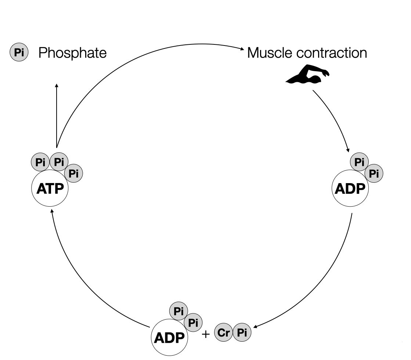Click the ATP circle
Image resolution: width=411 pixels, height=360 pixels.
(x=50, y=189)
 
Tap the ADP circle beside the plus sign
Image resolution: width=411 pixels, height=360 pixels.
(x=169, y=337)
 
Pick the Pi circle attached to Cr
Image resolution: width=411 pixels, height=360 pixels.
(x=242, y=332)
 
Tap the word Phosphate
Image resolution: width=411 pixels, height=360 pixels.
(x=72, y=53)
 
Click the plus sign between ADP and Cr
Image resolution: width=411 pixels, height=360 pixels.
(x=206, y=334)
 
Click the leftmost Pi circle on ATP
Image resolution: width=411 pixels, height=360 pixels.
(x=40, y=162)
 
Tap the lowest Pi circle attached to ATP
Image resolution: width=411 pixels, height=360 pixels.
(x=73, y=173)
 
